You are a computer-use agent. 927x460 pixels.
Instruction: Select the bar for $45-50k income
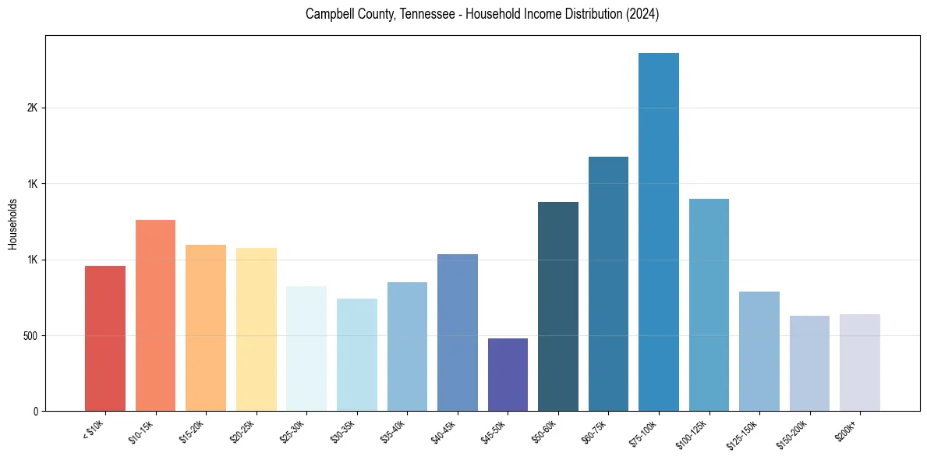(x=508, y=374)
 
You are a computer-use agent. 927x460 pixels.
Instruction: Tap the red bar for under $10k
(x=105, y=338)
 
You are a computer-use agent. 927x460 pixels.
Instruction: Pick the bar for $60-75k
(x=608, y=284)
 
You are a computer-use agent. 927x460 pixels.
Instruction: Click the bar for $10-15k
(x=155, y=315)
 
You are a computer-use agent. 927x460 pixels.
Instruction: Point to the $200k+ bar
(x=859, y=363)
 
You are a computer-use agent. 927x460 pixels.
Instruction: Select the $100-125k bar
(x=709, y=305)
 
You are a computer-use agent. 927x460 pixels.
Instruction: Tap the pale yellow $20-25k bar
(x=256, y=329)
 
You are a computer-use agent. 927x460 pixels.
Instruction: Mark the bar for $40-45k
(x=458, y=332)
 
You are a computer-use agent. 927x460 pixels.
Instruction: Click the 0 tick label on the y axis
(x=36, y=412)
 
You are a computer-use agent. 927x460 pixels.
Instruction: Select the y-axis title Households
(x=12, y=223)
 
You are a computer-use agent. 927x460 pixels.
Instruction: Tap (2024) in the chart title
(x=642, y=15)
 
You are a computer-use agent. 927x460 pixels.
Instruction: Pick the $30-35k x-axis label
(x=343, y=431)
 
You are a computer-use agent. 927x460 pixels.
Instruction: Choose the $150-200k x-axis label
(x=793, y=433)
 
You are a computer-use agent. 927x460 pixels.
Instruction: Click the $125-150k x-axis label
(x=743, y=433)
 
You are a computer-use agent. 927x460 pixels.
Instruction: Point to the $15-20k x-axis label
(x=192, y=431)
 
